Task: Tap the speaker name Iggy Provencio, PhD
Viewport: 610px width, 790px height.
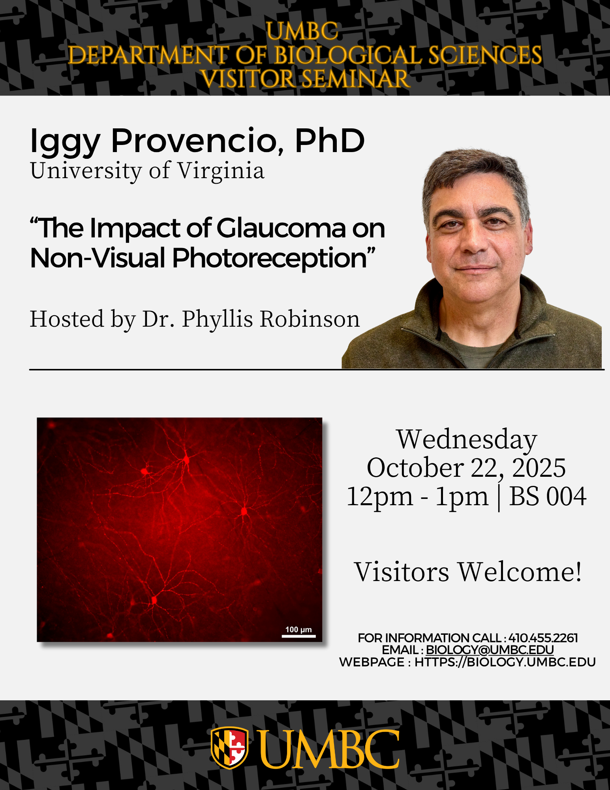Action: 197,141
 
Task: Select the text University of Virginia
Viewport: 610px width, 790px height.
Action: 147,171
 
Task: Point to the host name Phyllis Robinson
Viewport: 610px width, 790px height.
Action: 271,319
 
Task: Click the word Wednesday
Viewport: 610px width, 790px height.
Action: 467,439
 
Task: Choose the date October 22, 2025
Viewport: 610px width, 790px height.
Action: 466,468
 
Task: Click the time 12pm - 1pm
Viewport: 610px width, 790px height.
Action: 417,497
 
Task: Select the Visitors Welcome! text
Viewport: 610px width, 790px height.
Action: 468,572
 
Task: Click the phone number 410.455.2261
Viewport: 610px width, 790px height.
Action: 543,638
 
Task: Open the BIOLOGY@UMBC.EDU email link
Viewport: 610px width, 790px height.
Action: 490,650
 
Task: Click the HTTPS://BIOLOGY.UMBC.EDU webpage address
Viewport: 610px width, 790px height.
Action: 505,662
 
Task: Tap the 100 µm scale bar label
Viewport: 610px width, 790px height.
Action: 298,630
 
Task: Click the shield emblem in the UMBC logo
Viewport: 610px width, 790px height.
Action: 229,748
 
